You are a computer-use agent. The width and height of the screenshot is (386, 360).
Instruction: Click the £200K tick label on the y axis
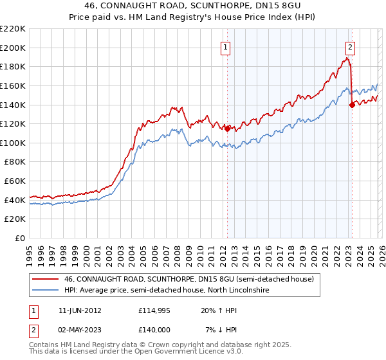click(x=13, y=48)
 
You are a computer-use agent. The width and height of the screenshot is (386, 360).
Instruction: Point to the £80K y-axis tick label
click(x=15, y=162)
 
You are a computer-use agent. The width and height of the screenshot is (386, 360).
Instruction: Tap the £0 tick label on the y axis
click(x=19, y=239)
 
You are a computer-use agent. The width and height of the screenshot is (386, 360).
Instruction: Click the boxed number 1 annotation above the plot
click(x=226, y=46)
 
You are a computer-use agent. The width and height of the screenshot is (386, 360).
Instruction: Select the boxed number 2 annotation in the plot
click(x=351, y=46)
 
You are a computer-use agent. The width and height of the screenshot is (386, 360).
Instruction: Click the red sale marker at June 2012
click(x=227, y=129)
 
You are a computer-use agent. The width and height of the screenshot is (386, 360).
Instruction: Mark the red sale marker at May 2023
click(x=351, y=105)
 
